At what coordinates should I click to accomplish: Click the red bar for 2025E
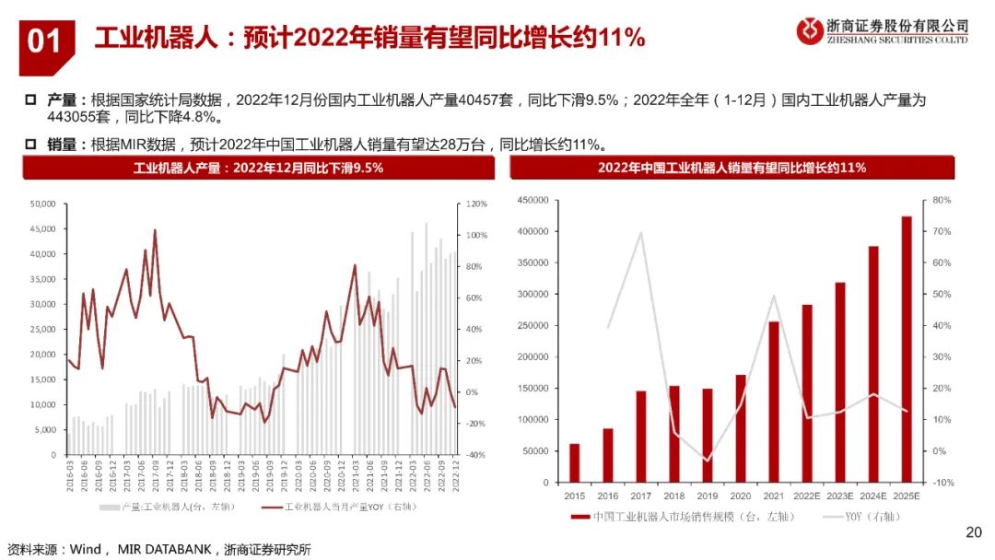[907, 349]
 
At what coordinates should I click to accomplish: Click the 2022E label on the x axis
[806, 496]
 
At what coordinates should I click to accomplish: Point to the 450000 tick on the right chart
[534, 200]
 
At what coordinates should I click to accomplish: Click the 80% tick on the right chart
[942, 200]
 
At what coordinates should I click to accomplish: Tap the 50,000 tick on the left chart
[43, 204]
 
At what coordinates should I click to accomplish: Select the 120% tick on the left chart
[475, 204]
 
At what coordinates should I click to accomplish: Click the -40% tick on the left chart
[475, 455]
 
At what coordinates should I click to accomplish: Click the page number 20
[974, 531]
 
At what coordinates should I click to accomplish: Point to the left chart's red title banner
[258, 168]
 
